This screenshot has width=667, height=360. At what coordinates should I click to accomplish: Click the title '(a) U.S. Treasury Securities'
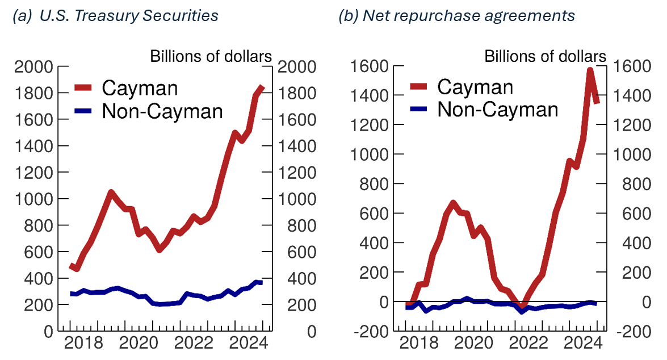pos(115,16)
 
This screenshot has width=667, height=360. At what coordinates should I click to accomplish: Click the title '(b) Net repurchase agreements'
pos(456,16)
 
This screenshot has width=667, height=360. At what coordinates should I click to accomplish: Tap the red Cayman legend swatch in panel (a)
pos(83,88)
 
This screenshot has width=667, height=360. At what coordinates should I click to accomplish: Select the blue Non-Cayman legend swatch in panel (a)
pos(83,111)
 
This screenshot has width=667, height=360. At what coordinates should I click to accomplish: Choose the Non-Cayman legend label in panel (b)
pos(497,109)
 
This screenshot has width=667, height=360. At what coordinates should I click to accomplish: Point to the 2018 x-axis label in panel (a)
pos(89,344)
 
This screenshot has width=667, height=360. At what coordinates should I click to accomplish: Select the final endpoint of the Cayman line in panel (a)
pos(262,87)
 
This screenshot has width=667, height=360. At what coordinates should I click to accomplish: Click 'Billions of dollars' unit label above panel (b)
pos(545,56)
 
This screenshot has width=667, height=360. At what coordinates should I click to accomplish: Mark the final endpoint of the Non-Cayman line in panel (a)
pos(261,282)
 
